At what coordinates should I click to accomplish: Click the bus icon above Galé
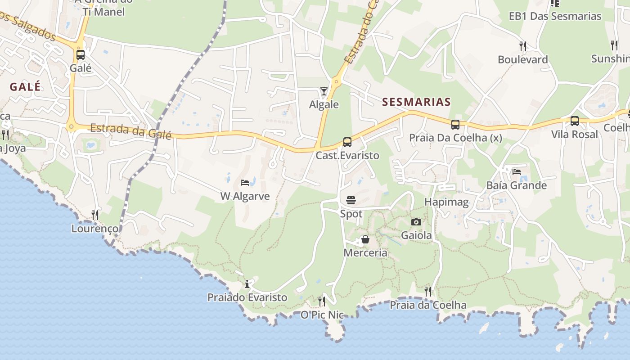pos(81,55)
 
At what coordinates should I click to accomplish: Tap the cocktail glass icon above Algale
pos(324,91)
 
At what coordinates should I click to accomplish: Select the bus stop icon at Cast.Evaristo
pos(347,142)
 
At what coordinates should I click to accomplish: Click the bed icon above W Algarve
pos(245,183)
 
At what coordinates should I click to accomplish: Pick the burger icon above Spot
pos(351,200)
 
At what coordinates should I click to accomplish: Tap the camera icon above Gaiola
pos(416,222)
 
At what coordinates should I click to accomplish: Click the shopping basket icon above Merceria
pos(365,239)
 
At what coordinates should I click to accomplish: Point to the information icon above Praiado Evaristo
pos(247,284)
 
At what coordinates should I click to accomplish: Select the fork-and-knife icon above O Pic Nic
pos(322,301)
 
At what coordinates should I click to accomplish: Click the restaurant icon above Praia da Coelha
pos(428,291)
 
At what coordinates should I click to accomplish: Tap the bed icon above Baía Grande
pos(516,172)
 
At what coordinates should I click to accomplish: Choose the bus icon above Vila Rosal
pos(574,121)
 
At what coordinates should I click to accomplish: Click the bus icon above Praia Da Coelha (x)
pos(455,125)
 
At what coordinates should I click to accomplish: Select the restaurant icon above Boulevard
pos(522,46)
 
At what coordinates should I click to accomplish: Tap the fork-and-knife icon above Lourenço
pos(95,215)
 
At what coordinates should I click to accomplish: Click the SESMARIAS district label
pos(416,102)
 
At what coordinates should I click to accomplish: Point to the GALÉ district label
pos(25,87)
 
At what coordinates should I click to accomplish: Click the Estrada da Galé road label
pos(130,131)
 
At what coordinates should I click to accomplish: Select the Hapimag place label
pos(446,202)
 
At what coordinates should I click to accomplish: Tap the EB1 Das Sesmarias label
pos(555,16)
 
